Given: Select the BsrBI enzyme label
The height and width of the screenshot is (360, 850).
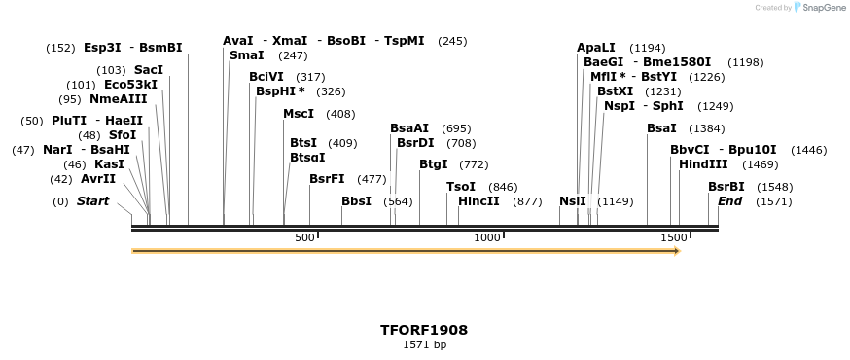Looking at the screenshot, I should [x=726, y=187].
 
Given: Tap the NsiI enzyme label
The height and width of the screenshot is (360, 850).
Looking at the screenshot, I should [x=573, y=201].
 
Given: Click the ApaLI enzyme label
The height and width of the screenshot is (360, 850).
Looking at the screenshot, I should [x=596, y=47].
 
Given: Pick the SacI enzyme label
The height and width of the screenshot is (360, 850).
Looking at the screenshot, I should [x=149, y=70].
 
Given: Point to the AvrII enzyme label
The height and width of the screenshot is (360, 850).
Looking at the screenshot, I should [x=97, y=179].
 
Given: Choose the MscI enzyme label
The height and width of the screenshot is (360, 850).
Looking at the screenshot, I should [x=299, y=114].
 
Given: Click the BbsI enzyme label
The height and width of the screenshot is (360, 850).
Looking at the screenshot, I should [x=356, y=201].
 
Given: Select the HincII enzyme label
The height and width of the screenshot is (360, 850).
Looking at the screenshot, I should [x=478, y=201].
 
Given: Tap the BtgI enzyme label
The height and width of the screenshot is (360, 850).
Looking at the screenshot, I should [x=434, y=164].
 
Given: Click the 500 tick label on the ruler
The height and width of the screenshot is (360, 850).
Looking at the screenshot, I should [x=304, y=238].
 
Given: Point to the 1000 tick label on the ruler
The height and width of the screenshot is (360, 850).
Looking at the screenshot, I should [x=486, y=238].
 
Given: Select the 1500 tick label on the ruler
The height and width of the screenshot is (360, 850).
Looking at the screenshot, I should [x=673, y=238].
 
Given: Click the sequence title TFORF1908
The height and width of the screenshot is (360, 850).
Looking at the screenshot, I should [x=424, y=330].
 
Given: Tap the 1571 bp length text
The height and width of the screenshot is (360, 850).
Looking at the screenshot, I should [x=424, y=344].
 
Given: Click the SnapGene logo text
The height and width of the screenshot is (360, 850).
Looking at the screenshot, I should [x=821, y=8].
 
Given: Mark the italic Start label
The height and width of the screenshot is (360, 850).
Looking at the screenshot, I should [x=93, y=201].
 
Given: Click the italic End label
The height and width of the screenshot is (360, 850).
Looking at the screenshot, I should [x=729, y=201].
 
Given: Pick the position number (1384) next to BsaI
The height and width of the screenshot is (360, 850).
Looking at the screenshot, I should [x=707, y=128].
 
